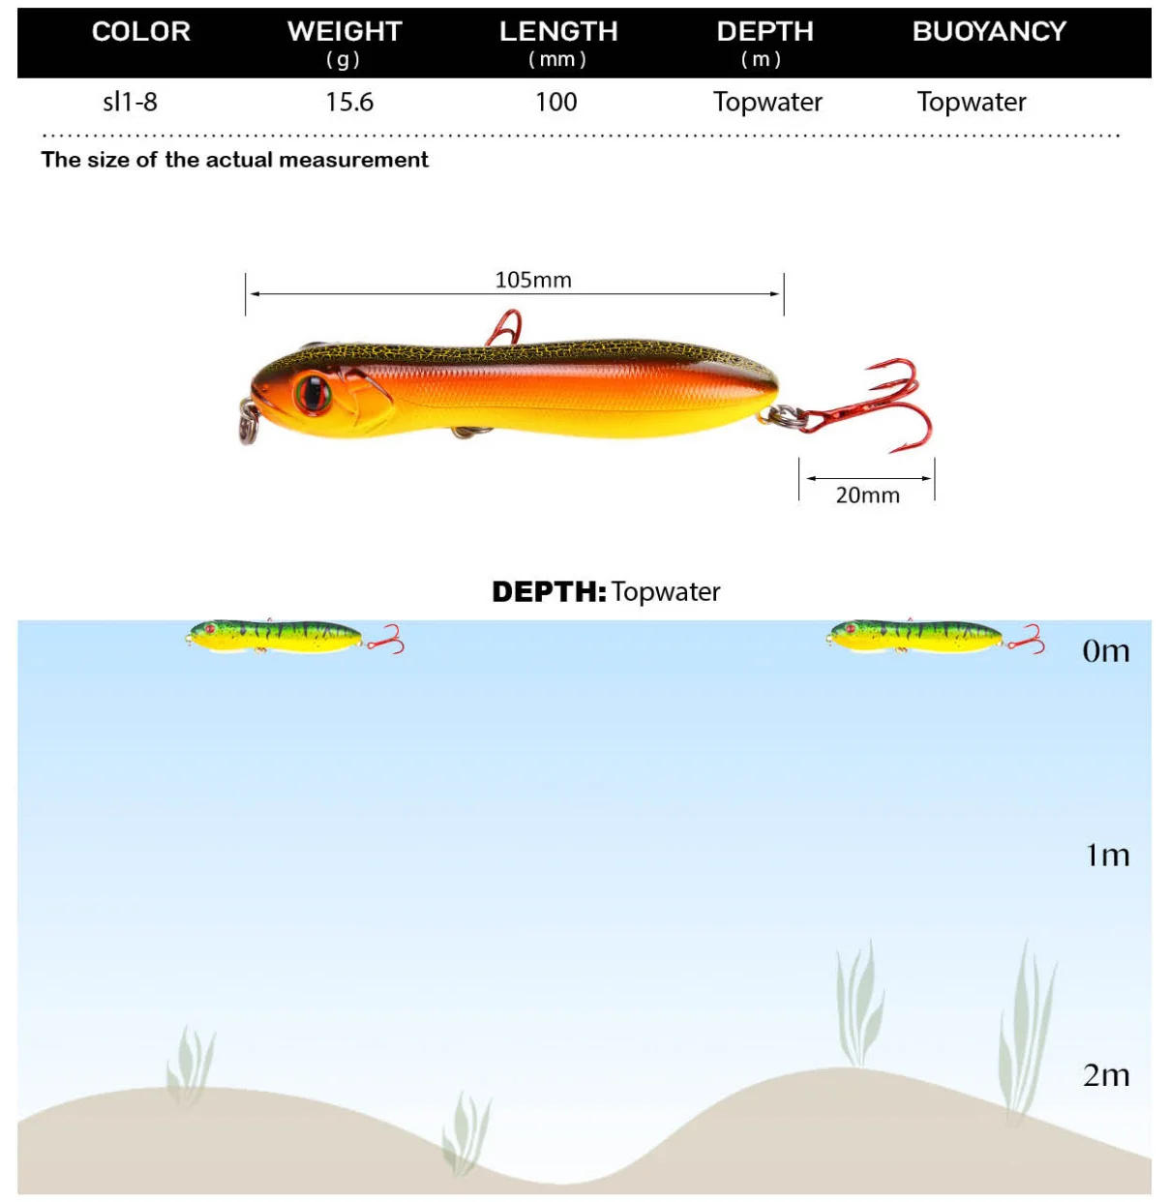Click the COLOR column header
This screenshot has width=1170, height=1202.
(141, 32)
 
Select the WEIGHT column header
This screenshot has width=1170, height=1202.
(345, 32)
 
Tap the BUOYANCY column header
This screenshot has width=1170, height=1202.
(989, 32)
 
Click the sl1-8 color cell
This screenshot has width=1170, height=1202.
(130, 102)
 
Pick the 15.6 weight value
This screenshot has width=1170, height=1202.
(349, 102)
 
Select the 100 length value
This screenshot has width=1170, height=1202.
(556, 102)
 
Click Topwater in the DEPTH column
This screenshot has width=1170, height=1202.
(767, 102)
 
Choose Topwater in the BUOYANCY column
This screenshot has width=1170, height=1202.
(972, 102)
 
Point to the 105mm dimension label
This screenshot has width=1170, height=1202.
(533, 280)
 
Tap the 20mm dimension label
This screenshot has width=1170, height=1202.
(867, 496)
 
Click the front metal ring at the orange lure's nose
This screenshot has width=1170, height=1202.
(249, 425)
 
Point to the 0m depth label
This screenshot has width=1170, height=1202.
(1105, 651)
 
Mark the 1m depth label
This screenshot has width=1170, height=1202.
(1107, 856)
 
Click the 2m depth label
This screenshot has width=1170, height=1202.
(1106, 1075)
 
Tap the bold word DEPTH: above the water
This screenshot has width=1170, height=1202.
(549, 591)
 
